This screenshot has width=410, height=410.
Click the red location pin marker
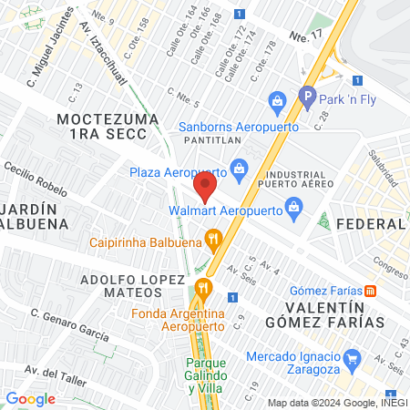(205, 188)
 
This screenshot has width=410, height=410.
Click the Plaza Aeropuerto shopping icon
(240, 168)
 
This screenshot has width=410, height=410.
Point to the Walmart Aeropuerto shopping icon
(293, 208)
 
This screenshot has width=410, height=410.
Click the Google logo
(30, 398)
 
